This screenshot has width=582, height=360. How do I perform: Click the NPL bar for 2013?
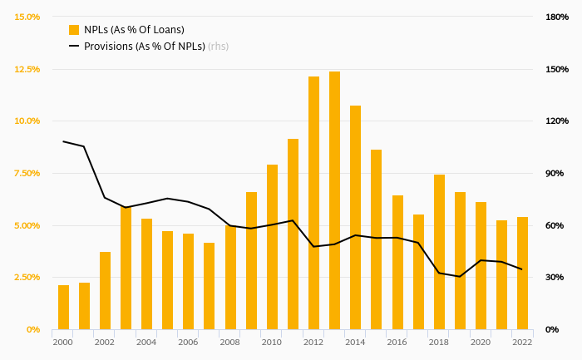tap(334, 200)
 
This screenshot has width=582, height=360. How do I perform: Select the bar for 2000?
tap(63, 307)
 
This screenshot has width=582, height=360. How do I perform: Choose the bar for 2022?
tap(522, 273)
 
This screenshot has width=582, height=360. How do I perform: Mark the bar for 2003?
tap(126, 268)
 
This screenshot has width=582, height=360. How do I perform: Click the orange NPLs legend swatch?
tap(74, 30)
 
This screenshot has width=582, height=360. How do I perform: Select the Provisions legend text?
tap(145, 47)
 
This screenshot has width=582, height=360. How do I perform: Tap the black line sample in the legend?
tap(74, 47)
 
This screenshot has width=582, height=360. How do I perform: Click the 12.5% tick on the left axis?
tap(27, 69)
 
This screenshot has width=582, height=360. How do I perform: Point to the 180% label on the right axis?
tap(556, 17)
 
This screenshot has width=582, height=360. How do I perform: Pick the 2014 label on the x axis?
tap(355, 342)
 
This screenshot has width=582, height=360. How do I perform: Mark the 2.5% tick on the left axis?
tap(27, 277)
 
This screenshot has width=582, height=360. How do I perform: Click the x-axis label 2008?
tap(229, 342)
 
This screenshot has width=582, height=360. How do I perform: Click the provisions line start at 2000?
tap(63, 141)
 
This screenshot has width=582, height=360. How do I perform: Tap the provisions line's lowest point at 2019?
tap(460, 276)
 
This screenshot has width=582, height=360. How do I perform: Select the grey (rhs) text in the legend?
tap(218, 47)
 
